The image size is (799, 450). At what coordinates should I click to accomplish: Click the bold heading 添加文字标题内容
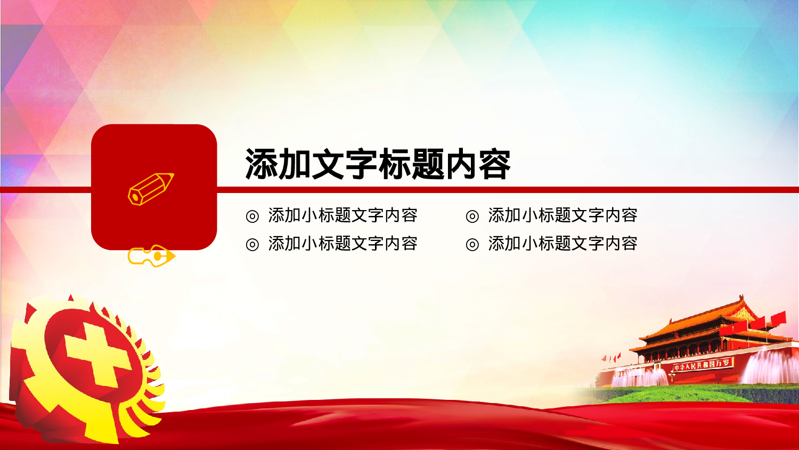pos(378,164)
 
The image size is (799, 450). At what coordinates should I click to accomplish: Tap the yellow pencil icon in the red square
pos(151,188)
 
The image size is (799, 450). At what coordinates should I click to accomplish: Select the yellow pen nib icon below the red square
pos(151,256)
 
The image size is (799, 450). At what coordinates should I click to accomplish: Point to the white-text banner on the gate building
pos(702,365)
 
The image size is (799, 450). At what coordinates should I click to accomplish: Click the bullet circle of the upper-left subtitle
pos(252,216)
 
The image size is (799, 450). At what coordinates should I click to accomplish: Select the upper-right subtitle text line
pos(562,215)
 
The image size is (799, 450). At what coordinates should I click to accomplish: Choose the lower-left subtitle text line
pos(343,244)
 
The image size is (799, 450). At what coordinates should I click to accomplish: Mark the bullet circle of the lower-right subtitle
pos(472,244)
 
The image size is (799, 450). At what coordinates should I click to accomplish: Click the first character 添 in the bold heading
pos(261,164)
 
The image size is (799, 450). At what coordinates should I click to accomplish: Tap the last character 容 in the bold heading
pos(494,164)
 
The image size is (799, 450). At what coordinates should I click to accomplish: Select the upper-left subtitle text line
pos(343,215)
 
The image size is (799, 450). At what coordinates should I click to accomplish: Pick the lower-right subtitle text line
pos(562,244)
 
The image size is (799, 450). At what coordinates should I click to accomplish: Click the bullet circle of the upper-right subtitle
pos(472,216)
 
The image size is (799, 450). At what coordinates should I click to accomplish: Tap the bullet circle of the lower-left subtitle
pos(252,244)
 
